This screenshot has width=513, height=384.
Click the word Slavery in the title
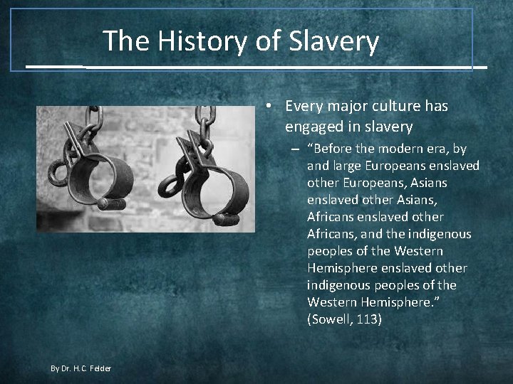pos(334,41)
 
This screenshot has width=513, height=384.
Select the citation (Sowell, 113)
pos(344,319)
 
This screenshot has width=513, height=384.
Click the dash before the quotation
pos(294,149)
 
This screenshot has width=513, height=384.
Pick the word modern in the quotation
pos(406,149)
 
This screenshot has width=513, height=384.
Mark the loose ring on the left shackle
pos(57,171)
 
